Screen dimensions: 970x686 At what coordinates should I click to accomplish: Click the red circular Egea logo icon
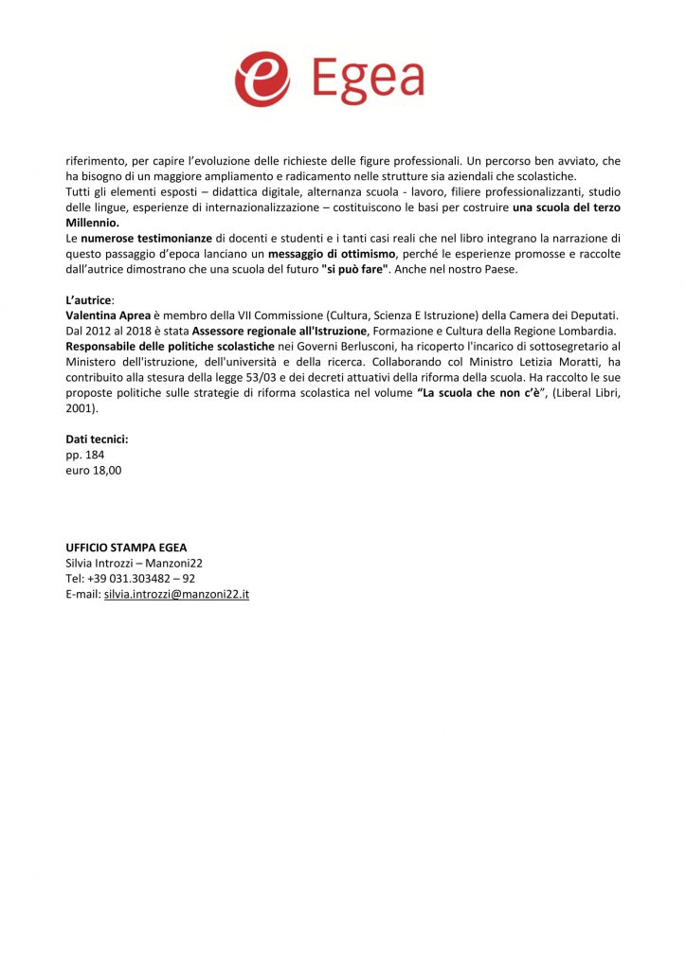pos(262,80)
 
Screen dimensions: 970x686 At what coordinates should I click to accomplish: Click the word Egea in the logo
pos(366,80)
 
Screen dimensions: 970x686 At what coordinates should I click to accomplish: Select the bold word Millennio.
pos(92,223)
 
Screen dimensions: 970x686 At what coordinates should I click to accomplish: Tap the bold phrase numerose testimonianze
pos(146,238)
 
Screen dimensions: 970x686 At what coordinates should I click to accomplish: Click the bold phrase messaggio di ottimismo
pos(331,254)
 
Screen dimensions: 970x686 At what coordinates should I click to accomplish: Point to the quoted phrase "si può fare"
pos(355,269)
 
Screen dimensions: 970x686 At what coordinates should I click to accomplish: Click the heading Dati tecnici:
pos(97,439)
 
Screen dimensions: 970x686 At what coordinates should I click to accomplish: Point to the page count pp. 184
pos(84,455)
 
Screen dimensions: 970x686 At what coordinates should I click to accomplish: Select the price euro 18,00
pos(93,470)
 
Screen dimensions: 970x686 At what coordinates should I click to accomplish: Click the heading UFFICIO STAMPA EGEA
pos(126,548)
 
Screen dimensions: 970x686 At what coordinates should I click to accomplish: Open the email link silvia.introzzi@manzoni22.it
pos(176,594)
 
